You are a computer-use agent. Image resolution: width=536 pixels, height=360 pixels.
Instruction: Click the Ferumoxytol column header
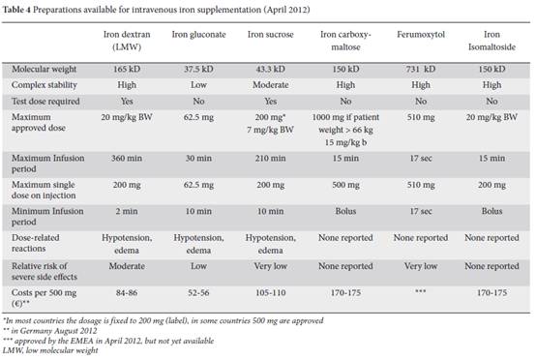(x=421, y=35)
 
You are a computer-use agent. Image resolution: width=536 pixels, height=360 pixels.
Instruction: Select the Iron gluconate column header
(x=198, y=35)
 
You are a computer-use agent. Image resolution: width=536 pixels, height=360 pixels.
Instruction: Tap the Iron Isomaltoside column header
(x=491, y=41)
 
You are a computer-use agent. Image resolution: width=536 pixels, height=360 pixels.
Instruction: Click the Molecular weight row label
(x=45, y=69)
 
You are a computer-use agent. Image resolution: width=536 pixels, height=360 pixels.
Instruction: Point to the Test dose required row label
(x=45, y=102)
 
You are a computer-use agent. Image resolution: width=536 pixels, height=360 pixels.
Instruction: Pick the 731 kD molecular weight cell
(x=421, y=69)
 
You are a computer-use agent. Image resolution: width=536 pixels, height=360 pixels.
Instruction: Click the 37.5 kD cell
(x=198, y=69)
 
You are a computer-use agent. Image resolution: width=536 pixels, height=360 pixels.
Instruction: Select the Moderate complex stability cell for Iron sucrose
(x=270, y=85)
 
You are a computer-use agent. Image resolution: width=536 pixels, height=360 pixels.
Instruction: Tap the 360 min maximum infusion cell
(x=127, y=159)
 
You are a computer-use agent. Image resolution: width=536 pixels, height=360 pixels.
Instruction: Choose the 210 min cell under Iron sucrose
(x=270, y=159)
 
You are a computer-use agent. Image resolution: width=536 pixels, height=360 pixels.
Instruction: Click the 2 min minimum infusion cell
(x=127, y=211)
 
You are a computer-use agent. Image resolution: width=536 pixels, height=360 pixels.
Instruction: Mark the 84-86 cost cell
(x=127, y=292)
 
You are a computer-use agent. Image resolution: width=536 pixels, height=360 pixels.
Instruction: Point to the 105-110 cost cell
(x=270, y=292)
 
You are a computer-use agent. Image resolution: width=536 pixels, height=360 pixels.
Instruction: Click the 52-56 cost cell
(x=198, y=292)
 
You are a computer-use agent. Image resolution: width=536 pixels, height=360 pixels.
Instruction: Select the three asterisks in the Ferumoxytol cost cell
(x=421, y=291)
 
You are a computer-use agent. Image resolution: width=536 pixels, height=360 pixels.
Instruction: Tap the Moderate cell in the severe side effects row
(x=127, y=266)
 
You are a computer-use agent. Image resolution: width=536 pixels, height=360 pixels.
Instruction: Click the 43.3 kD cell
(x=270, y=69)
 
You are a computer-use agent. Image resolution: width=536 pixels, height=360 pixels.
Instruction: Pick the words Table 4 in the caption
(x=16, y=10)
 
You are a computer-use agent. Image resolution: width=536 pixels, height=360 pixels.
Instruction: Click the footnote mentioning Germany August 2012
(x=50, y=331)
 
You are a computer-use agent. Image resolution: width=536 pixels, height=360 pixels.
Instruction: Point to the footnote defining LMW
(x=50, y=350)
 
